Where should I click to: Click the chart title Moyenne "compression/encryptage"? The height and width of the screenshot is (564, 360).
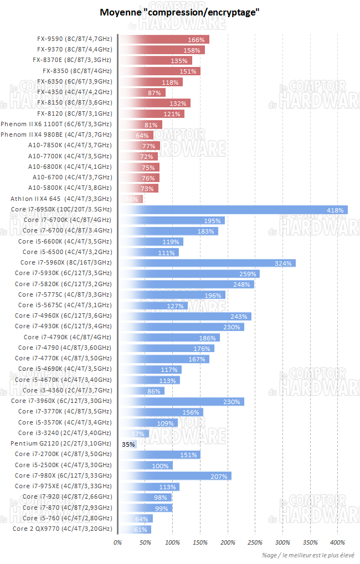179,12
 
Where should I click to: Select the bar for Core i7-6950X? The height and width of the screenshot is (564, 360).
233,210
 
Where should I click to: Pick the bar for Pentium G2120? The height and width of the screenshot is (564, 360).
127,444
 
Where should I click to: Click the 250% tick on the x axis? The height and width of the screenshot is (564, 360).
255,542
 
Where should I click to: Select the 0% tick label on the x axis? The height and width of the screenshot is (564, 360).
117,542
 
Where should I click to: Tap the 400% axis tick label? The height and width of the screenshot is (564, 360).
337,542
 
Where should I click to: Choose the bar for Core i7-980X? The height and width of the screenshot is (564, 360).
174,476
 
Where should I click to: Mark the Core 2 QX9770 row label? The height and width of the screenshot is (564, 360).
62,529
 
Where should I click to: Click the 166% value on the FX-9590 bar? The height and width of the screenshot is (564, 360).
197,40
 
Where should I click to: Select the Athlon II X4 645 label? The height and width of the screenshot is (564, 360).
61,199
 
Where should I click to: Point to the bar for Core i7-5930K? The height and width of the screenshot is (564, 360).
188,273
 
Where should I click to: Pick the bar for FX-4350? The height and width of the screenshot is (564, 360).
142,92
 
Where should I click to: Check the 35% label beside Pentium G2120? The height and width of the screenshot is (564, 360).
128,444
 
